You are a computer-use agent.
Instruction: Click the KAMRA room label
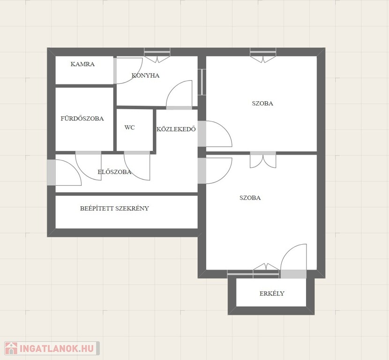[x=82, y=64]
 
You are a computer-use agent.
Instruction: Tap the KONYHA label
[x=145, y=75]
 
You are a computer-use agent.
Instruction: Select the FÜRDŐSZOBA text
[x=82, y=118]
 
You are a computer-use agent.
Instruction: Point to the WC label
[x=129, y=127]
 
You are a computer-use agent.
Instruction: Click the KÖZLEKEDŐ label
[x=176, y=129]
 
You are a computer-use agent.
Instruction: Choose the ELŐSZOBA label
[x=114, y=172]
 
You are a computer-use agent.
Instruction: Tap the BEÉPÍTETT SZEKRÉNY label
[x=114, y=208]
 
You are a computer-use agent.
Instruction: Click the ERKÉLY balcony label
[x=272, y=293]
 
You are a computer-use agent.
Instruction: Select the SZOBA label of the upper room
[x=262, y=104]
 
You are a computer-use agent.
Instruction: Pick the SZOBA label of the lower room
[x=250, y=198]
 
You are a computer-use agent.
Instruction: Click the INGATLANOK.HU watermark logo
[x=52, y=348]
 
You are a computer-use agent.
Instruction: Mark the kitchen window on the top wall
[x=157, y=52]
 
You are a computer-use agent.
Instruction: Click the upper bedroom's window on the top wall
[x=263, y=52]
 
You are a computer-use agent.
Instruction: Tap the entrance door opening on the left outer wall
[x=52, y=172]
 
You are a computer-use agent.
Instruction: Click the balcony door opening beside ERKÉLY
[x=293, y=274]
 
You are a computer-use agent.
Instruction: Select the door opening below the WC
[x=137, y=153]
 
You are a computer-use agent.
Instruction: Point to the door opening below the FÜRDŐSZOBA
[x=88, y=153]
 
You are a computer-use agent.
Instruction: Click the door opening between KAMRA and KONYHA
[x=115, y=71]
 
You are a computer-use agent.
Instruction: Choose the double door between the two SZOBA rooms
[x=263, y=153]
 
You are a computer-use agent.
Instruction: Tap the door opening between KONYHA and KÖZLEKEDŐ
[x=179, y=108]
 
